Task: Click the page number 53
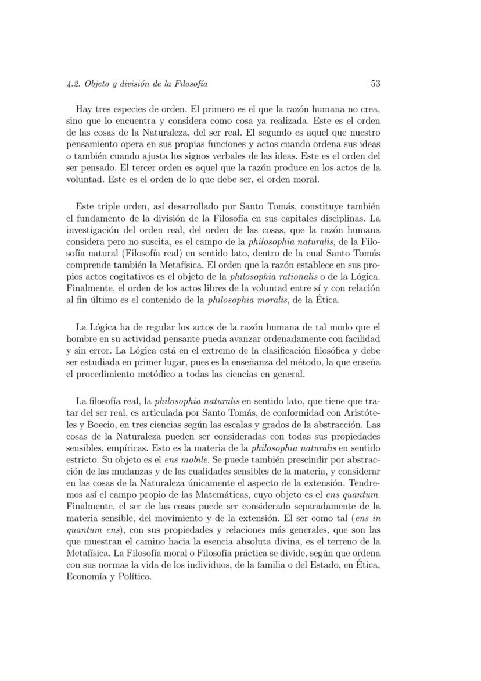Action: (x=375, y=84)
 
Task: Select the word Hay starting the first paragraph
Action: (x=84, y=109)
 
